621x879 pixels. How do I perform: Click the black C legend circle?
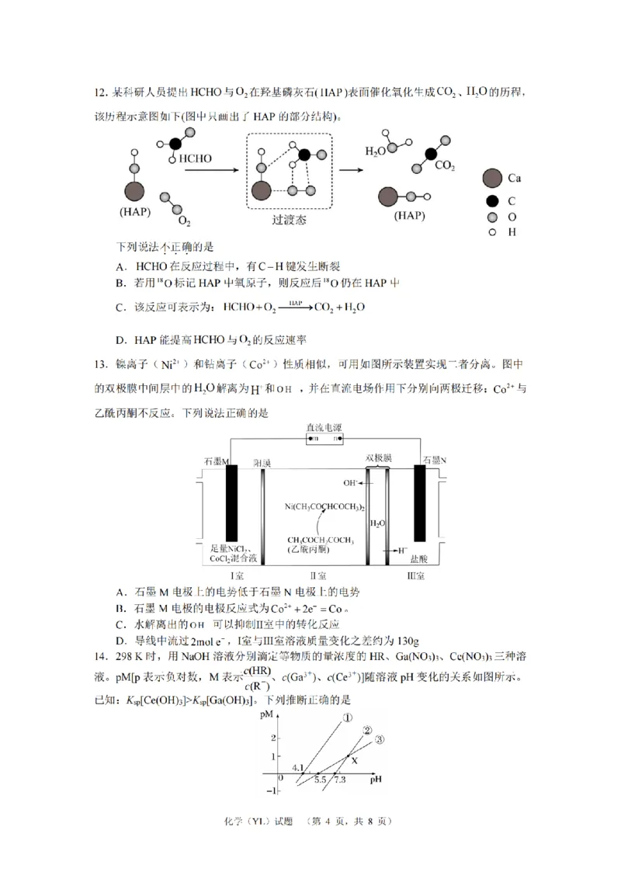coord(491,200)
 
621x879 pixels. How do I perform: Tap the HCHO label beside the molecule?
coord(196,158)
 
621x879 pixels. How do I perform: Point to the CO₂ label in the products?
coord(445,165)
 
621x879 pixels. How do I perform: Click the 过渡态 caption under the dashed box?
coord(289,220)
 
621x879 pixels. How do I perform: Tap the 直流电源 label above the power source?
coord(325,427)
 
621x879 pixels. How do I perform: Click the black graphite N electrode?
coord(421,502)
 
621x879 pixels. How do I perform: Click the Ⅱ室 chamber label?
coord(317,575)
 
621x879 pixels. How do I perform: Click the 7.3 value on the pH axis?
coord(340,780)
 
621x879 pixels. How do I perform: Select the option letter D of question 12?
coord(120,339)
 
